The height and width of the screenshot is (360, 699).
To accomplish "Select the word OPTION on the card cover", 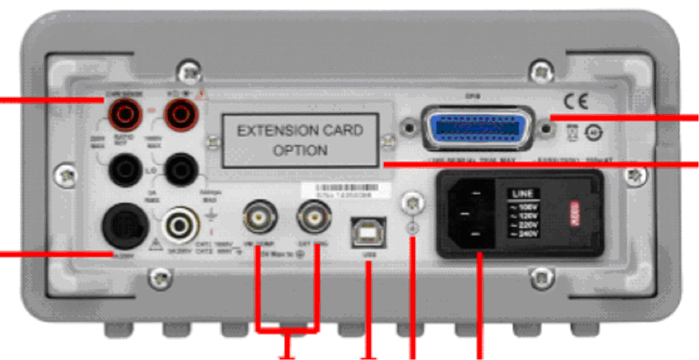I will [300, 151].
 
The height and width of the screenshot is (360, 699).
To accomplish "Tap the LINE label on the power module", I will [522, 194].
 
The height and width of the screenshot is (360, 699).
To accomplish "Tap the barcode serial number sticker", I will [346, 191].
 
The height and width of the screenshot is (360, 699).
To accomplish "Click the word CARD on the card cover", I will [343, 131].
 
